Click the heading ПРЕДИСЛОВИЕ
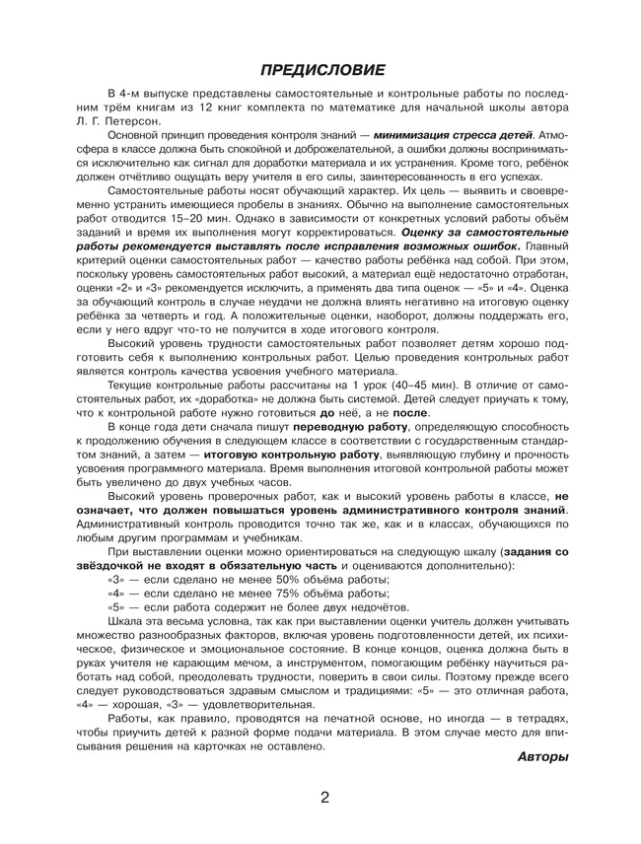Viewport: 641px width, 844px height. click(x=320, y=69)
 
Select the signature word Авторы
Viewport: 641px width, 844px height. click(x=542, y=757)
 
